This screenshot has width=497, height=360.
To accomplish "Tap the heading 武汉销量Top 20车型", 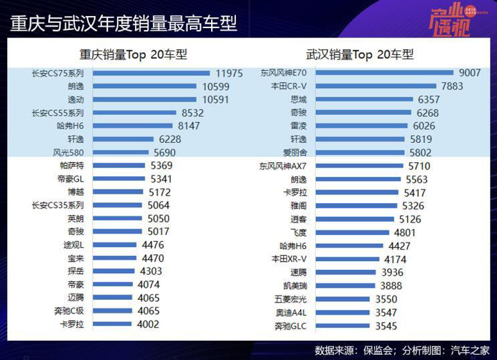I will [360, 55].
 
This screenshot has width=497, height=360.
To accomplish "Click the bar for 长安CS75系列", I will [151, 73].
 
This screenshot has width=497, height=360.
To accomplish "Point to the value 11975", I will [228, 73].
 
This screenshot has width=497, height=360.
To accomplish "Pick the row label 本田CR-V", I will [289, 86].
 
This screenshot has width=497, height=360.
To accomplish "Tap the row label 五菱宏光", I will [291, 299].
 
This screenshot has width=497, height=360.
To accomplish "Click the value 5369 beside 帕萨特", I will [162, 165].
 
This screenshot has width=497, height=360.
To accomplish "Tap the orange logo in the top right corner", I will [450, 20].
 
